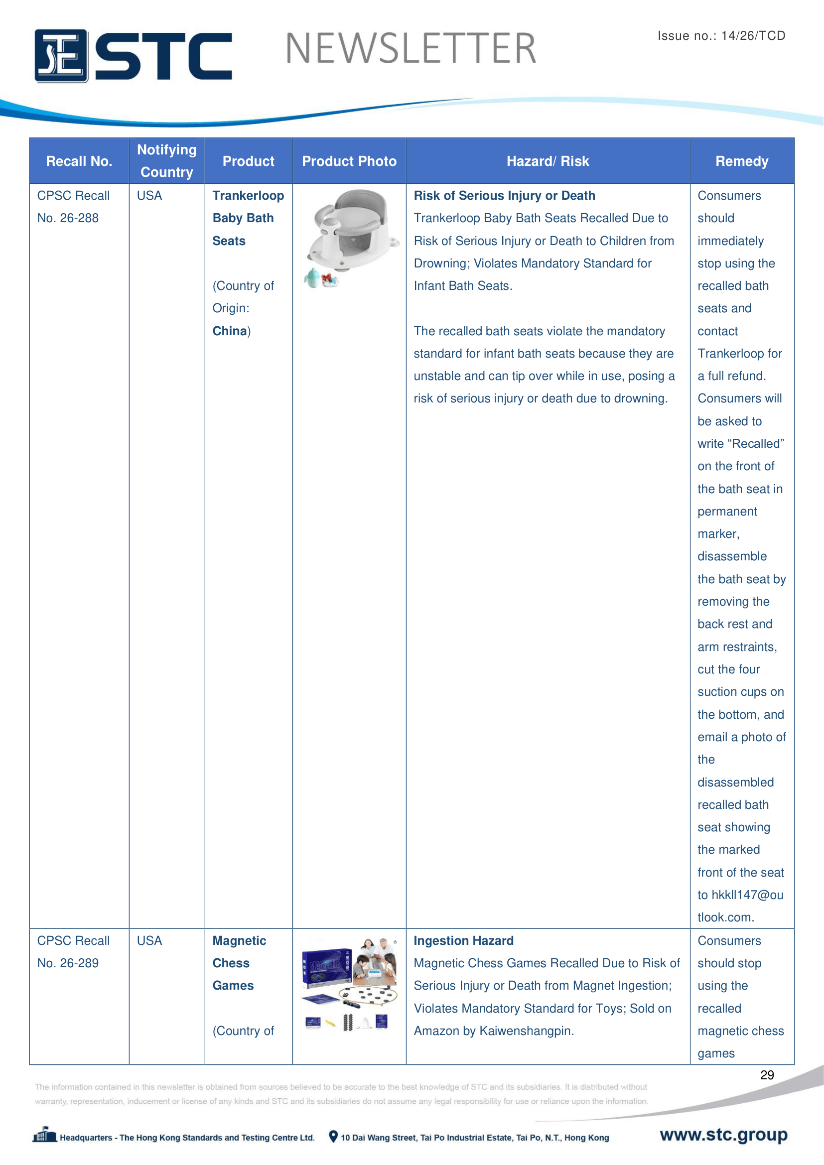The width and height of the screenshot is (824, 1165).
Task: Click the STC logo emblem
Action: pos(61,56)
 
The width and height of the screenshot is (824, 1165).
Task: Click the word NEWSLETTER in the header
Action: pos(411,49)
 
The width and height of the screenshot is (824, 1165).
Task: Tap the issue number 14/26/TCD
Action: pos(753,35)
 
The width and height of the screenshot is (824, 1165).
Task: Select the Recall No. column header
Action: pos(79,161)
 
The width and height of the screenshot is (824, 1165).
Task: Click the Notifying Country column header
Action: pos(166,161)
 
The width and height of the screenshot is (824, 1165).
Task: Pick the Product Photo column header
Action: pos(349,161)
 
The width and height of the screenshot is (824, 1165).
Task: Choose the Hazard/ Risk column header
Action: pos(548,161)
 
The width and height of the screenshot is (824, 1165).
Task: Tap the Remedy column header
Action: pos(741,161)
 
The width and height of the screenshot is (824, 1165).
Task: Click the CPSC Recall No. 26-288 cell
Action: pos(73,207)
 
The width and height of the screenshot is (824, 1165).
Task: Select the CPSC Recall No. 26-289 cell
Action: pos(73,952)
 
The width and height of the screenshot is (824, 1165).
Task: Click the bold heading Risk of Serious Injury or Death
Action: pos(504,196)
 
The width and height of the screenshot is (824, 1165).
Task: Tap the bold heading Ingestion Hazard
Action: pos(463,941)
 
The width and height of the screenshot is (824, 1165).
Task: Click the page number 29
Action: pos(767,1075)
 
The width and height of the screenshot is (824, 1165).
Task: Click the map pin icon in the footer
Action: pos(333,1137)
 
